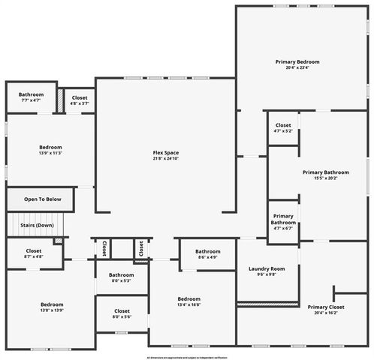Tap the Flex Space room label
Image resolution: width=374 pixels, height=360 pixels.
tap(166, 153)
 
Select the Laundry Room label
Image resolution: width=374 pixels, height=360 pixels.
tap(267, 268)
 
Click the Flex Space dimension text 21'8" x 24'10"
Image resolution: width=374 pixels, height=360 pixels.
tap(166, 159)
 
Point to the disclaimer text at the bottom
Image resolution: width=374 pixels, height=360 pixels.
tap(186, 358)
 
